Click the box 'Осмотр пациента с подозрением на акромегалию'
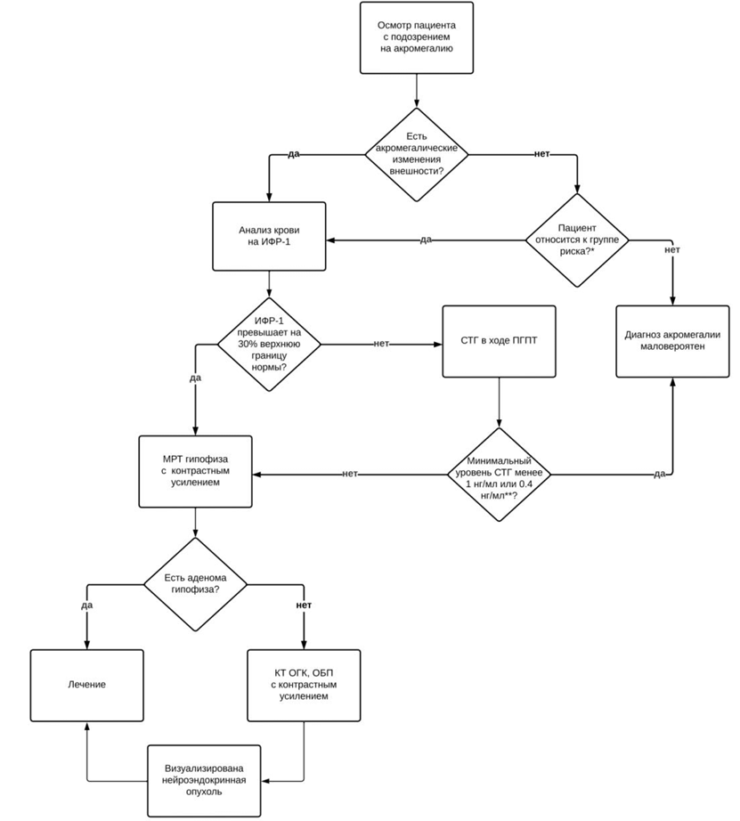pos(417,37)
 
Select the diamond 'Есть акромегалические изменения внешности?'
pos(417,154)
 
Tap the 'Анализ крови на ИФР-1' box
pos(269,236)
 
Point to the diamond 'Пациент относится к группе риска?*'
pos(577,240)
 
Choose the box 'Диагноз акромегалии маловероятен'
pos(672,341)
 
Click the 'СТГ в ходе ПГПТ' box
pos(499,341)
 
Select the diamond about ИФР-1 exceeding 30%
pos(269,345)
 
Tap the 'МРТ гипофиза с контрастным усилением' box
pos(195,471)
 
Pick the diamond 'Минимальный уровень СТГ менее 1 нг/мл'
pos(499,475)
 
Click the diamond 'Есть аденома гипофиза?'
pos(195,584)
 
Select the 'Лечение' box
pos(87,686)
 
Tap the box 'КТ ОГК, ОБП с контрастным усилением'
pos(304,686)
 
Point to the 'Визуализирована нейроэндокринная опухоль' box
pos(204,781)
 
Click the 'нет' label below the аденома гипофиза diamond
pos(304,605)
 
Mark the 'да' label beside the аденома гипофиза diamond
pos(87,606)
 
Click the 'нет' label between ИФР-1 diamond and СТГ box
pos(381,344)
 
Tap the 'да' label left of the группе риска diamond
pos(426,240)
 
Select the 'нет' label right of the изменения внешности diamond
pos(542,154)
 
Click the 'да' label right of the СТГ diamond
pos(659,474)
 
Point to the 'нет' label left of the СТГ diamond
pos(350,474)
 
